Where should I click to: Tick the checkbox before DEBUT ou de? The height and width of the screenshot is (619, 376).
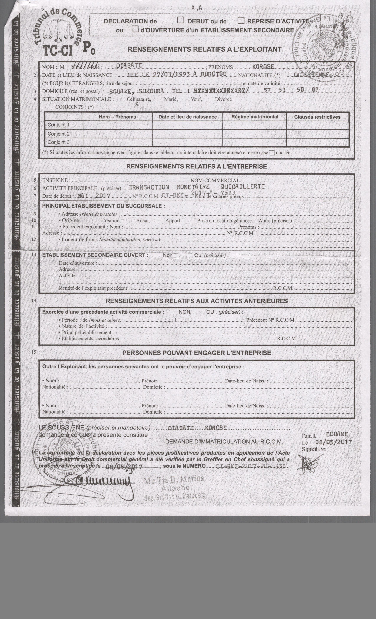tap(181, 20)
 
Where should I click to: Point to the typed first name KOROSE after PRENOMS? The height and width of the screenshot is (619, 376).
tap(263, 67)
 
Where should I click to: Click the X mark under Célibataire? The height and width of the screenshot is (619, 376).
tap(137, 104)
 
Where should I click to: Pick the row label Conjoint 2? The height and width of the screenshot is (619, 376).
tap(59, 134)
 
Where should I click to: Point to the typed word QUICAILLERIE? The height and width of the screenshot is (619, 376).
tap(243, 186)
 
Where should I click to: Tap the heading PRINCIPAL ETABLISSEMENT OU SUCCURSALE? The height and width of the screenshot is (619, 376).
tap(104, 206)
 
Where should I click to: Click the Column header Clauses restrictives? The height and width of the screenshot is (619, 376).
tap(317, 117)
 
